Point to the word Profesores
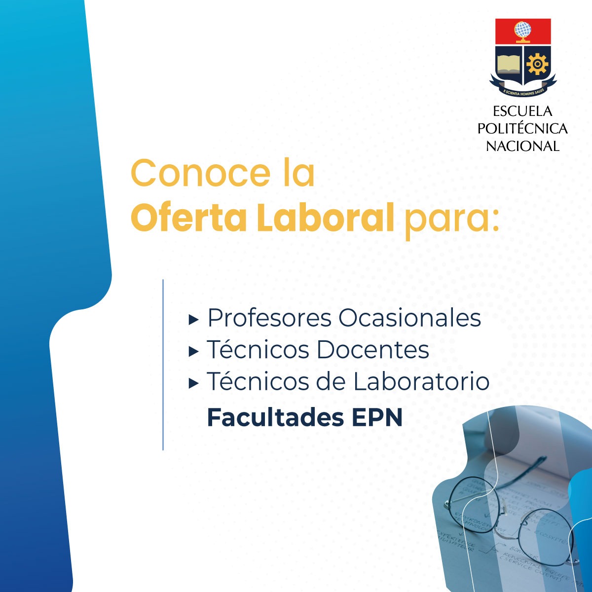(269, 318)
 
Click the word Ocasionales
(410, 318)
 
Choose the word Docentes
(372, 350)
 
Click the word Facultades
(275, 417)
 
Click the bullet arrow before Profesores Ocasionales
(193, 320)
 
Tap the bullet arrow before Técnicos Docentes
(193, 352)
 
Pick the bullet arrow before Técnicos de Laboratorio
(193, 383)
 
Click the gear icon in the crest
(537, 65)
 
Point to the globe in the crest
(523, 31)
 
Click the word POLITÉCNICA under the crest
(523, 129)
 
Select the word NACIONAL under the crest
(523, 146)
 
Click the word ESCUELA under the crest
(523, 111)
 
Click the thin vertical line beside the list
(163, 365)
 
